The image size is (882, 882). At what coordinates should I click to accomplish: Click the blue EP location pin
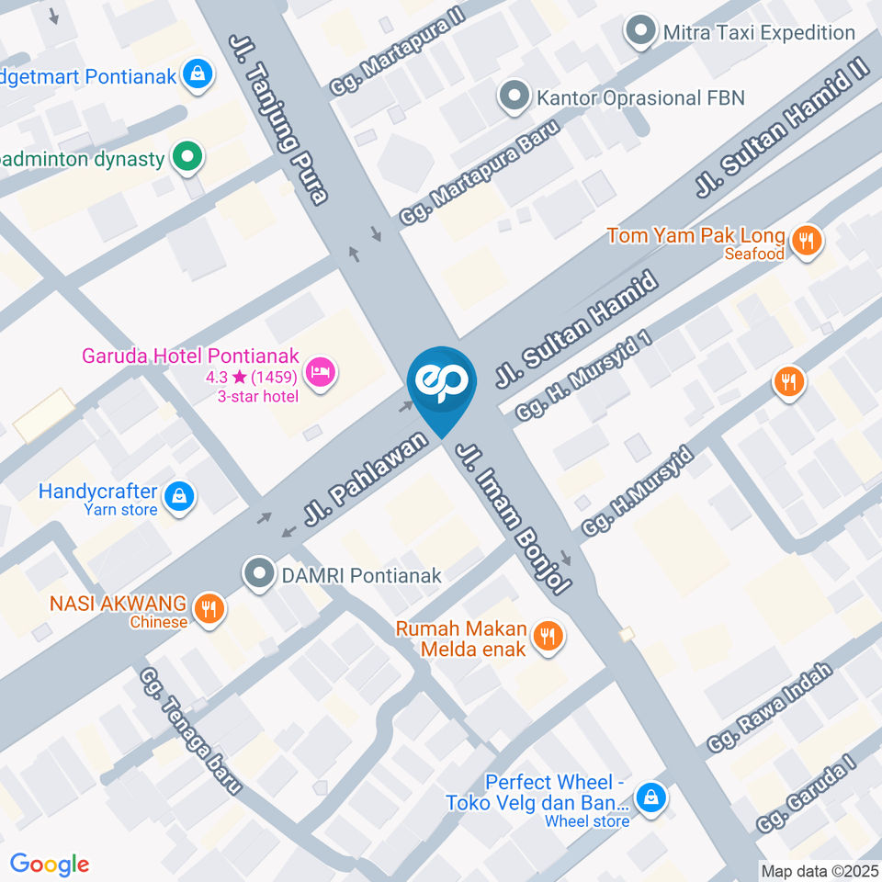[442, 383]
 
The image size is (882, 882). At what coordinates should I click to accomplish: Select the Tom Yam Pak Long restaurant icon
[808, 241]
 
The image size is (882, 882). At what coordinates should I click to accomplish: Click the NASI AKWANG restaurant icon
[210, 607]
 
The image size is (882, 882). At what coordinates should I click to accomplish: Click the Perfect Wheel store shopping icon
[651, 797]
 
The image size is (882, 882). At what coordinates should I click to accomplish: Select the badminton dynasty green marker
[188, 157]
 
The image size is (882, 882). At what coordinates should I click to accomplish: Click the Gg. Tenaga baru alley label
[190, 731]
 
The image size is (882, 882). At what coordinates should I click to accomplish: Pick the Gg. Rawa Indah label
[771, 706]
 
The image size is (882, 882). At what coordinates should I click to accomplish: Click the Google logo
[50, 864]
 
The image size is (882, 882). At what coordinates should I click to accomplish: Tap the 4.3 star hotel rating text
[250, 377]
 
